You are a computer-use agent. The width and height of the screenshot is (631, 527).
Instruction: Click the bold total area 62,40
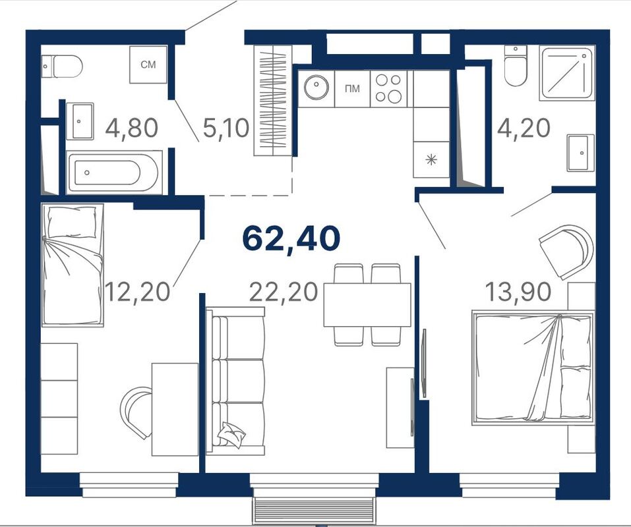[291, 238]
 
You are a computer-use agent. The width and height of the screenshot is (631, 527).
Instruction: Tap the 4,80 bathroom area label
[132, 128]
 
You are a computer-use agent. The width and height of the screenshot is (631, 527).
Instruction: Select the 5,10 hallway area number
[226, 128]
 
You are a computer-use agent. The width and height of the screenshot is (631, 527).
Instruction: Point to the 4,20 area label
[524, 128]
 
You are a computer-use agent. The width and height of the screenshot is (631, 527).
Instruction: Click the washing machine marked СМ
[148, 65]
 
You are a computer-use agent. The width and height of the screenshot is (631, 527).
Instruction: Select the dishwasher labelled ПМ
[352, 89]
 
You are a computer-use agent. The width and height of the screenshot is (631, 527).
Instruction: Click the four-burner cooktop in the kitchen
[388, 89]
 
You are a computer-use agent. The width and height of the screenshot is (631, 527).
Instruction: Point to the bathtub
[114, 173]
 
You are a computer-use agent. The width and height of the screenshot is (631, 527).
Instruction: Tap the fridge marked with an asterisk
[431, 159]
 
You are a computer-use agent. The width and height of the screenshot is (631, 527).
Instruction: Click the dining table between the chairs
[367, 305]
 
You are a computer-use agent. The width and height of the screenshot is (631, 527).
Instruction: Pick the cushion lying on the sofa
[231, 434]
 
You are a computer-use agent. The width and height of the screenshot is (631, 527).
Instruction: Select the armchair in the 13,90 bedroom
[566, 251]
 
